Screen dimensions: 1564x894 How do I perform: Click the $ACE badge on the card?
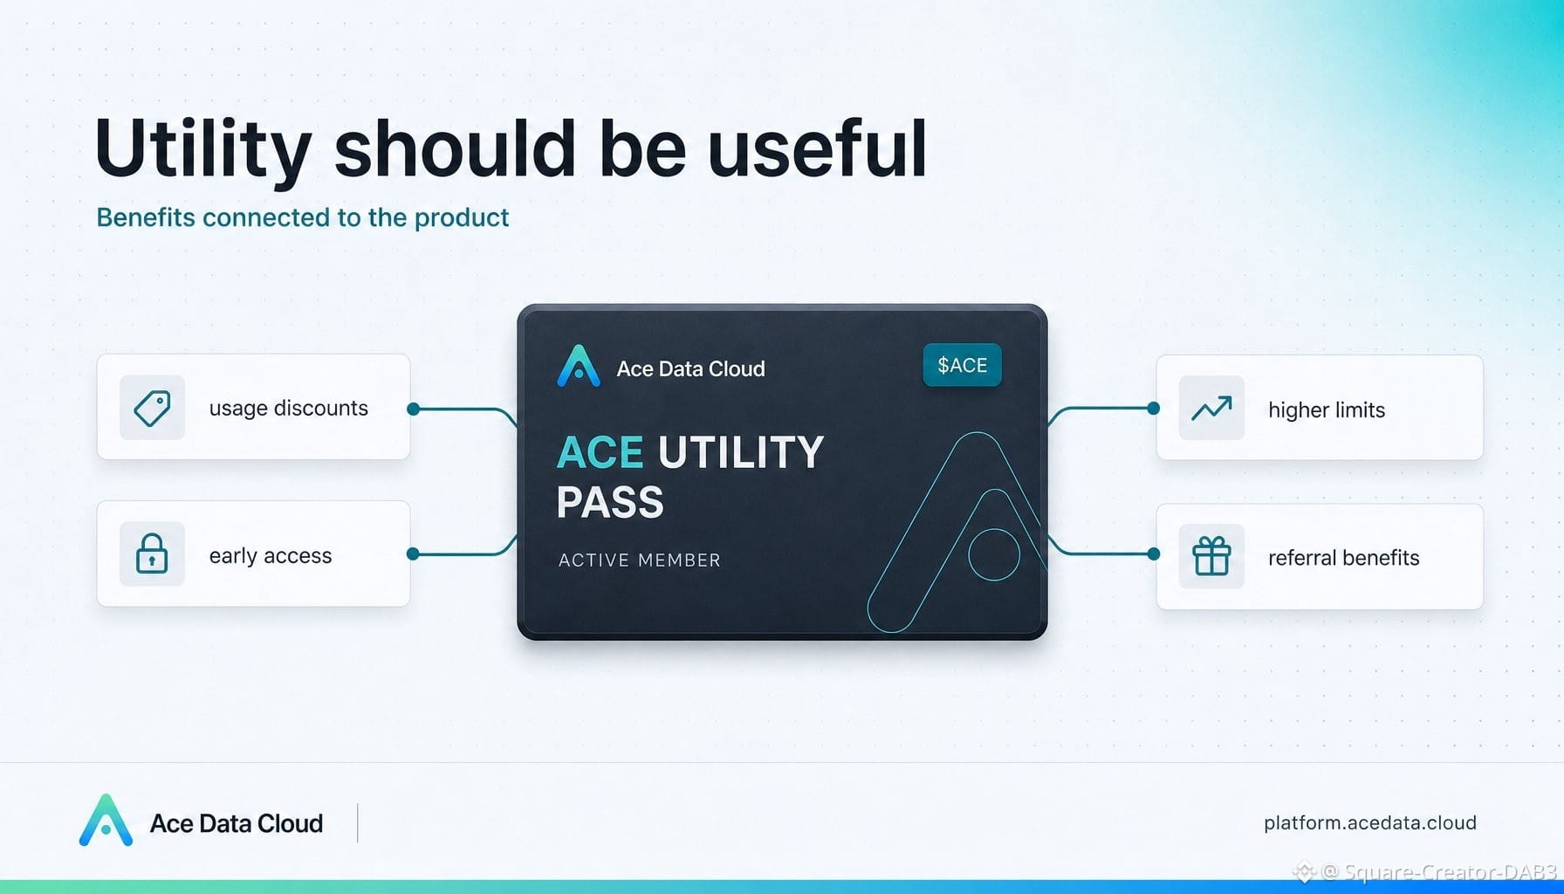pyautogui.click(x=962, y=365)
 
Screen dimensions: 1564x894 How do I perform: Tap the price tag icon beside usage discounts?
pyautogui.click(x=152, y=408)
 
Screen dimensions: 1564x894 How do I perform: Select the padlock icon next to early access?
pyautogui.click(x=152, y=554)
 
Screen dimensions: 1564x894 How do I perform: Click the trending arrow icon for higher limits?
pyautogui.click(x=1211, y=408)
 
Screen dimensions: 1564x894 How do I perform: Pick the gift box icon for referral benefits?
pyautogui.click(x=1211, y=555)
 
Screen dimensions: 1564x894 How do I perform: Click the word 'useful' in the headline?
pyautogui.click(x=817, y=148)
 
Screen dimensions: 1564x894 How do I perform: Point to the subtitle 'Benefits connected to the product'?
pyautogui.click(x=302, y=217)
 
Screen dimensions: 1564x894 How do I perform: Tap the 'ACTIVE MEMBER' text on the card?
pyautogui.click(x=640, y=560)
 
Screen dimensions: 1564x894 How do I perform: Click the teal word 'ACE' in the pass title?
pyautogui.click(x=600, y=452)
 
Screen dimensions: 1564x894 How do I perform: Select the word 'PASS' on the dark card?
pyautogui.click(x=610, y=502)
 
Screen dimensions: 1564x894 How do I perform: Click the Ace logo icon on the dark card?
pyautogui.click(x=579, y=366)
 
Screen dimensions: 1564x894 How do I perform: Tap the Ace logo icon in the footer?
pyautogui.click(x=106, y=821)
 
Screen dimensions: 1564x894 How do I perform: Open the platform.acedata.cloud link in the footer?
pyautogui.click(x=1370, y=822)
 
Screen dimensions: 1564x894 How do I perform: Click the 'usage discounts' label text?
pyautogui.click(x=289, y=408)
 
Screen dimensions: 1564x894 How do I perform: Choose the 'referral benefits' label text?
pyautogui.click(x=1344, y=557)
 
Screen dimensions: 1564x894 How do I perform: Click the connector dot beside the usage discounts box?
pyautogui.click(x=414, y=409)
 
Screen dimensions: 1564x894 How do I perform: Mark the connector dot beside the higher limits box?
pyautogui.click(x=1154, y=408)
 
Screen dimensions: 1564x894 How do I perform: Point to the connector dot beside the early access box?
pyautogui.click(x=414, y=554)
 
